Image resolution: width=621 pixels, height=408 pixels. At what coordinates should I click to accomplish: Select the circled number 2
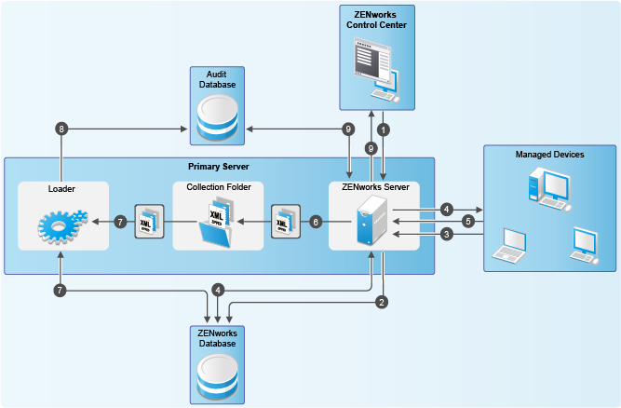pos(382,302)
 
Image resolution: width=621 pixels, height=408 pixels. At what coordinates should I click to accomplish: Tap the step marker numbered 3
pos(446,235)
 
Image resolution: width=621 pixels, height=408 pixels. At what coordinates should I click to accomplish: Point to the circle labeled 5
pos(468,222)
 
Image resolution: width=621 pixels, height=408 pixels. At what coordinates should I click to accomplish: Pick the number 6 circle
pos(316,222)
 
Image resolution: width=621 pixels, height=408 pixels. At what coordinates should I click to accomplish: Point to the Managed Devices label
pos(549,154)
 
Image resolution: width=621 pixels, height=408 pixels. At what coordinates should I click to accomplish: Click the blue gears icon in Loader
pos(62,224)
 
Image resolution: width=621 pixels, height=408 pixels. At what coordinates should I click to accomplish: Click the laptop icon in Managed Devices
pos(510,244)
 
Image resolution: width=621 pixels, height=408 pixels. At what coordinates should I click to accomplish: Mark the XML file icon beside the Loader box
pos(149,222)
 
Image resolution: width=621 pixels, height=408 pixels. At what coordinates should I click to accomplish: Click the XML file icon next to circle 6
pos(283,222)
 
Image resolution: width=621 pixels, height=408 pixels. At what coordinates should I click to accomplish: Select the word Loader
pos(61,188)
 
